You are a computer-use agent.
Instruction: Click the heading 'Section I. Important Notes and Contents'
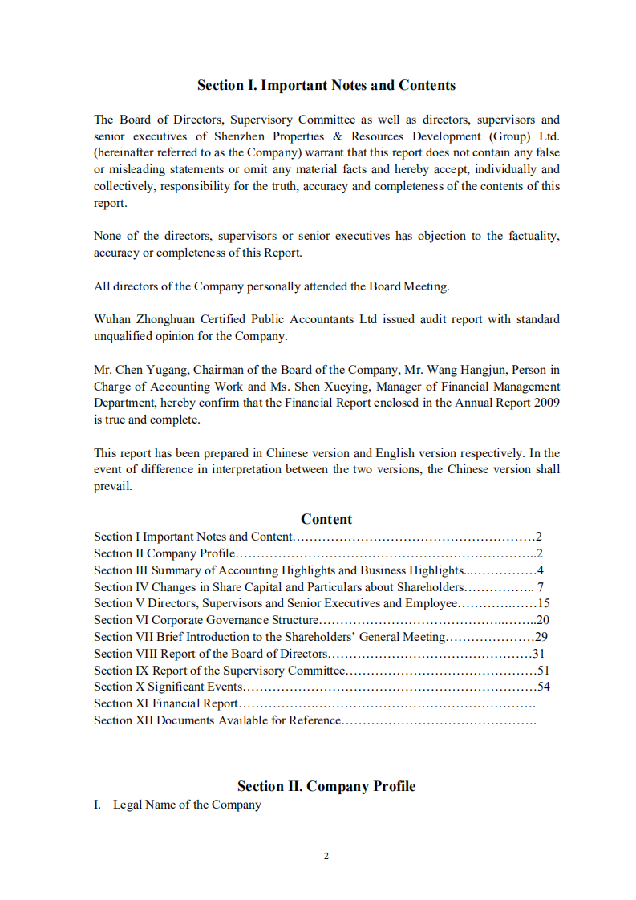[x=326, y=85]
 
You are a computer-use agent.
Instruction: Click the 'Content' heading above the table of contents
[x=326, y=519]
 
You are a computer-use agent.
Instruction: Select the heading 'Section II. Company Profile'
[x=326, y=786]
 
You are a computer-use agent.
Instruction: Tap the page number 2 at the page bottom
[x=326, y=856]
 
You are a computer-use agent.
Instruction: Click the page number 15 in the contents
[x=543, y=603]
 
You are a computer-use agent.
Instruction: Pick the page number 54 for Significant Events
[x=543, y=687]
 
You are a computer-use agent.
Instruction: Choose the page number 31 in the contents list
[x=539, y=653]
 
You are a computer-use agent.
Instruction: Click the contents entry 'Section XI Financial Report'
[x=166, y=703]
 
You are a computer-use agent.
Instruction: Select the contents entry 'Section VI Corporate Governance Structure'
[x=206, y=620]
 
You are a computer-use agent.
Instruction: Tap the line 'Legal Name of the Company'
[x=187, y=805]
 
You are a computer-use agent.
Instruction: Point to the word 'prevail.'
[x=112, y=486]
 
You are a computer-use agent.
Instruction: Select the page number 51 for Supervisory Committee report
[x=543, y=670]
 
